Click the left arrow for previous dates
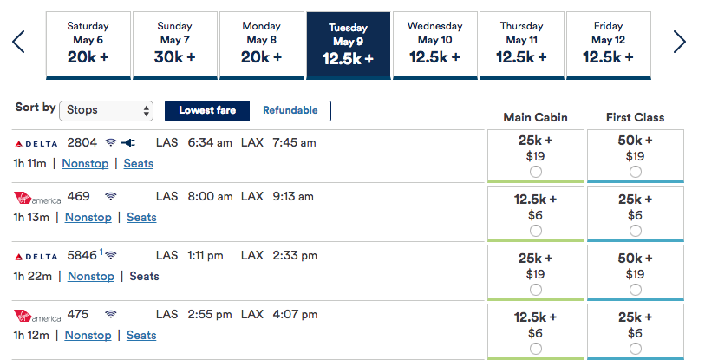point(18,42)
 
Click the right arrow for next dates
point(679,42)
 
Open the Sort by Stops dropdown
point(107,110)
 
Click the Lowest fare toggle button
point(207,110)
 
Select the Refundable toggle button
point(290,110)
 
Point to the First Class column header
point(635,117)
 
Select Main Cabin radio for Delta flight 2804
point(535,172)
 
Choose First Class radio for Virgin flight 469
point(636,231)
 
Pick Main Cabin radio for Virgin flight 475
point(535,349)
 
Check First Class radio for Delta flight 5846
point(636,290)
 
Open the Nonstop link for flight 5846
point(91,276)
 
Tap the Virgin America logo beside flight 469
point(37,198)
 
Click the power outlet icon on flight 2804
point(128,142)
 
